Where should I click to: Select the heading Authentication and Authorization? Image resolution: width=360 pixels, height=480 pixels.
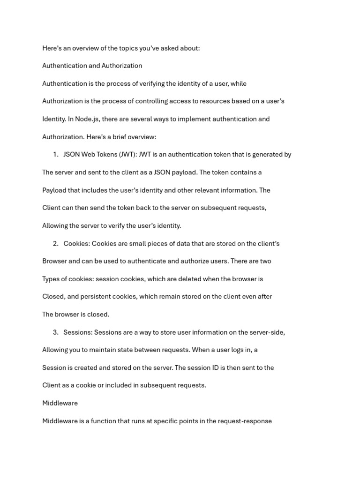[x=92, y=66]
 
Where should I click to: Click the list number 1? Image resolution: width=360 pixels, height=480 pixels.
[x=55, y=155]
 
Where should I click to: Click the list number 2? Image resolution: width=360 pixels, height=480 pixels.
[x=55, y=244]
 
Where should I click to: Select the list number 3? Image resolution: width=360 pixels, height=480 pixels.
[x=55, y=332]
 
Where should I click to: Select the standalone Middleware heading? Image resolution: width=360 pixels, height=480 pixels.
[x=60, y=403]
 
